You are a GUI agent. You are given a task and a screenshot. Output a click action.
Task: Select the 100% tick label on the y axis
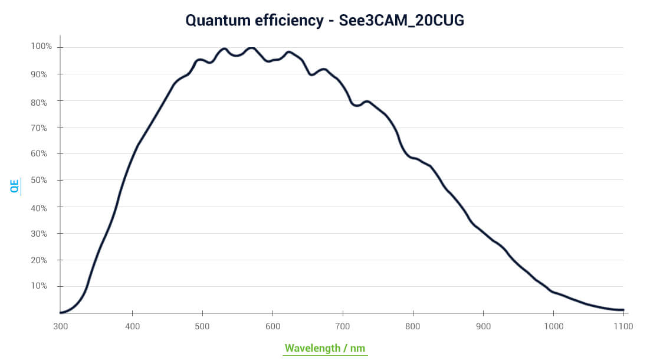coord(41,46)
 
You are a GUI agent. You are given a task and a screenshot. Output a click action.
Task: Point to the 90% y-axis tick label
coord(42,74)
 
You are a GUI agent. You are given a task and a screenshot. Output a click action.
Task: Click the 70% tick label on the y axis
coord(42,127)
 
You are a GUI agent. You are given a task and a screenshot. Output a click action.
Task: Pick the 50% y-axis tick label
coord(42,179)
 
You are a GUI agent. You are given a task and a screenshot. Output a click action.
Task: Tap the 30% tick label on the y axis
coord(42,233)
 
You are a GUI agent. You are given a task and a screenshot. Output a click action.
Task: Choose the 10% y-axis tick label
coord(42,286)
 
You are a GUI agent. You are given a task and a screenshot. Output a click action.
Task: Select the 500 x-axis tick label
coord(202,326)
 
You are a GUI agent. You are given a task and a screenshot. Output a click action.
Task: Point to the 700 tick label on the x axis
coord(343,326)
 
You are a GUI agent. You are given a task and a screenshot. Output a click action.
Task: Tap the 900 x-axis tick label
coord(483,326)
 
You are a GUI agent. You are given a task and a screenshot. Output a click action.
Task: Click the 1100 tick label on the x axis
coord(623,326)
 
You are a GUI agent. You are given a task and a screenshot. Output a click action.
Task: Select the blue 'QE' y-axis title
coord(15,186)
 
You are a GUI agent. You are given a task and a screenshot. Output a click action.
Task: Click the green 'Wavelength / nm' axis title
coord(325,348)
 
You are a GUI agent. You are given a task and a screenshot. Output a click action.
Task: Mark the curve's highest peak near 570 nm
coord(252,48)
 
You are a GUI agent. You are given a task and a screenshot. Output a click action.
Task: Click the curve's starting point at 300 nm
coord(61,312)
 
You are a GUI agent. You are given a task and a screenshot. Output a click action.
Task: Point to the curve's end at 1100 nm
coord(623,310)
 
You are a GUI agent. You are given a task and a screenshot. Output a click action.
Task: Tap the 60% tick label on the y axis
coord(42,153)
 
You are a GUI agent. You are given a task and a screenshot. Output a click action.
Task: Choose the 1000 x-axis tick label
coord(553,326)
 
